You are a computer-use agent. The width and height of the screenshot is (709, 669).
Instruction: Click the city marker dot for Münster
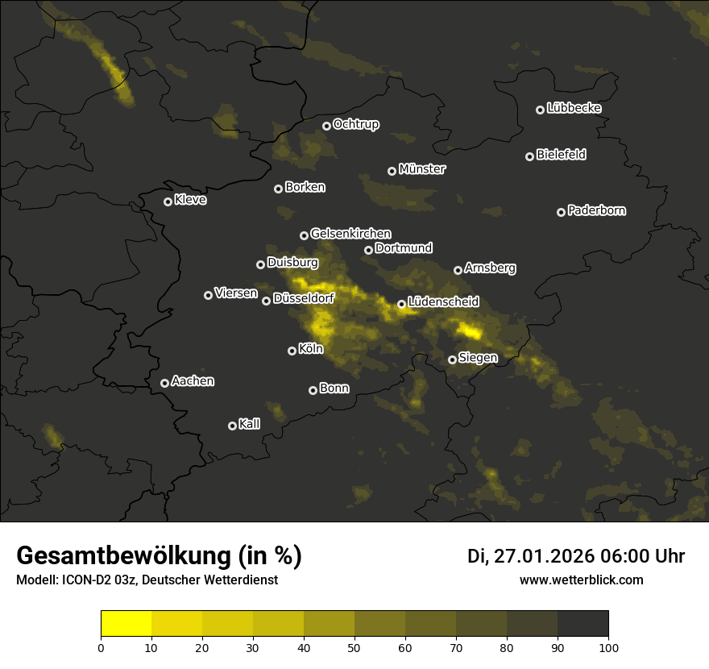[392, 171]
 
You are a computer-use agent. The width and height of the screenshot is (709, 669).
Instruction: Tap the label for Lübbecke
[574, 108]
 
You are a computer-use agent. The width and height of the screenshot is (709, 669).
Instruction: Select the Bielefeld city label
[561, 154]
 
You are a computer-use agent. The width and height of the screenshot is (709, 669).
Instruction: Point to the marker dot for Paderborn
[562, 212]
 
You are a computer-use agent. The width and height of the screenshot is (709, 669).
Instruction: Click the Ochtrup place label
[355, 124]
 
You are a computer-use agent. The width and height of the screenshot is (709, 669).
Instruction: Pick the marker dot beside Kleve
[168, 202]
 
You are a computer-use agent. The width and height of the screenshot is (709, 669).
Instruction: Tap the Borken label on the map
[305, 187]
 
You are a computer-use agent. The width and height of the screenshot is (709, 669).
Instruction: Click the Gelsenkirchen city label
[350, 234]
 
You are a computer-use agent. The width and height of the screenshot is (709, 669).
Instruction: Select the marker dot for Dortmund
[369, 250]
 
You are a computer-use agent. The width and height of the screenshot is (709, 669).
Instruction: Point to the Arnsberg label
[490, 268]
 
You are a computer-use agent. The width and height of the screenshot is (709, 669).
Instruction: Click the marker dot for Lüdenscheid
[402, 304]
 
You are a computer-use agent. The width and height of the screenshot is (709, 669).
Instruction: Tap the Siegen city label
[478, 358]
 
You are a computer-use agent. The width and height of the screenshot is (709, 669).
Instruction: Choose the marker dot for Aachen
[165, 383]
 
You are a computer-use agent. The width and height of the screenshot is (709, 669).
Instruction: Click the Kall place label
[250, 424]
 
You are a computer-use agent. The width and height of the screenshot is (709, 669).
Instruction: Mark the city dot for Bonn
[313, 390]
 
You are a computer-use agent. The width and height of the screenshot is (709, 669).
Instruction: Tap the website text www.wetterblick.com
[581, 580]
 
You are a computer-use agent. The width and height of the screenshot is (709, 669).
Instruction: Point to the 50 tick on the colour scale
[354, 647]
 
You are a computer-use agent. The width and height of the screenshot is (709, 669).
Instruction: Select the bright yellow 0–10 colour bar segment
[126, 624]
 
